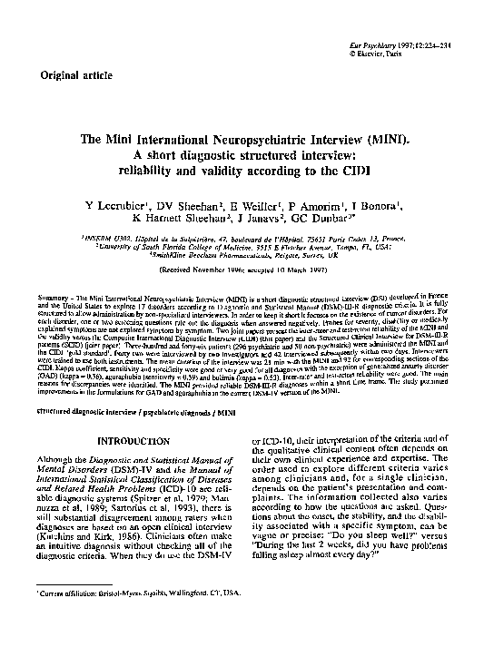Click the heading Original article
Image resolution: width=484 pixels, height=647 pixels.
[63, 77]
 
